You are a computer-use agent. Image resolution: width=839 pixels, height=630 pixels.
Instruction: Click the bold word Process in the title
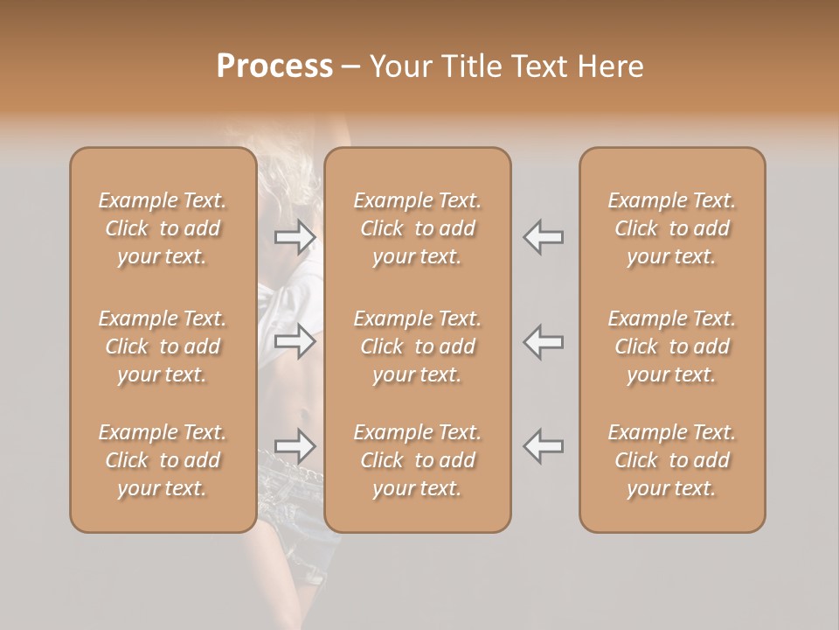point(274,66)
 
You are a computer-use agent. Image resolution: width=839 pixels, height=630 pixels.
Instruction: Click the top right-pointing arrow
point(295,237)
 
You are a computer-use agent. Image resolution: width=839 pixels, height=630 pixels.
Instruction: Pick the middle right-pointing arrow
point(295,341)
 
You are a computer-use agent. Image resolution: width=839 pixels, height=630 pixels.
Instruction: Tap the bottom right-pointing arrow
point(295,446)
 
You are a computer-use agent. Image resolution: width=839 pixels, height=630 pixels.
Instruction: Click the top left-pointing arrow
point(543,237)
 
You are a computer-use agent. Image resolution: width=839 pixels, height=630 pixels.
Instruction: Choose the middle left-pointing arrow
point(543,341)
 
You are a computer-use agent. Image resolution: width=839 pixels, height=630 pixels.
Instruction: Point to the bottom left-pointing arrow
point(543,446)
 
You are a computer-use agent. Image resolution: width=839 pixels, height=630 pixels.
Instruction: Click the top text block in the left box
point(163,228)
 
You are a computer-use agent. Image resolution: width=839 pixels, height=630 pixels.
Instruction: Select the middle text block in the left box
point(163,346)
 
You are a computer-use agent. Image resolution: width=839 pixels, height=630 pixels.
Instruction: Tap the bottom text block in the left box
point(163,460)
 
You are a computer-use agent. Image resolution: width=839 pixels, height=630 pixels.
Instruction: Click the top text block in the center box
point(418,228)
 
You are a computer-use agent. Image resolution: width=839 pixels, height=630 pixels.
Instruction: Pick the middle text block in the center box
point(418,346)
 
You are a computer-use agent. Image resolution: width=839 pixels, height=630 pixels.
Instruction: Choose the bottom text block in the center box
point(418,460)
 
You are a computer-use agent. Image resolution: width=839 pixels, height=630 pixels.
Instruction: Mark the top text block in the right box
point(672,228)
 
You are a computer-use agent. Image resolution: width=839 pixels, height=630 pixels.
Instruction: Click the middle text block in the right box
point(672,346)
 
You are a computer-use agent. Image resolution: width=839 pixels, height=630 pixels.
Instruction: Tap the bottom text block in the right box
point(672,460)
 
